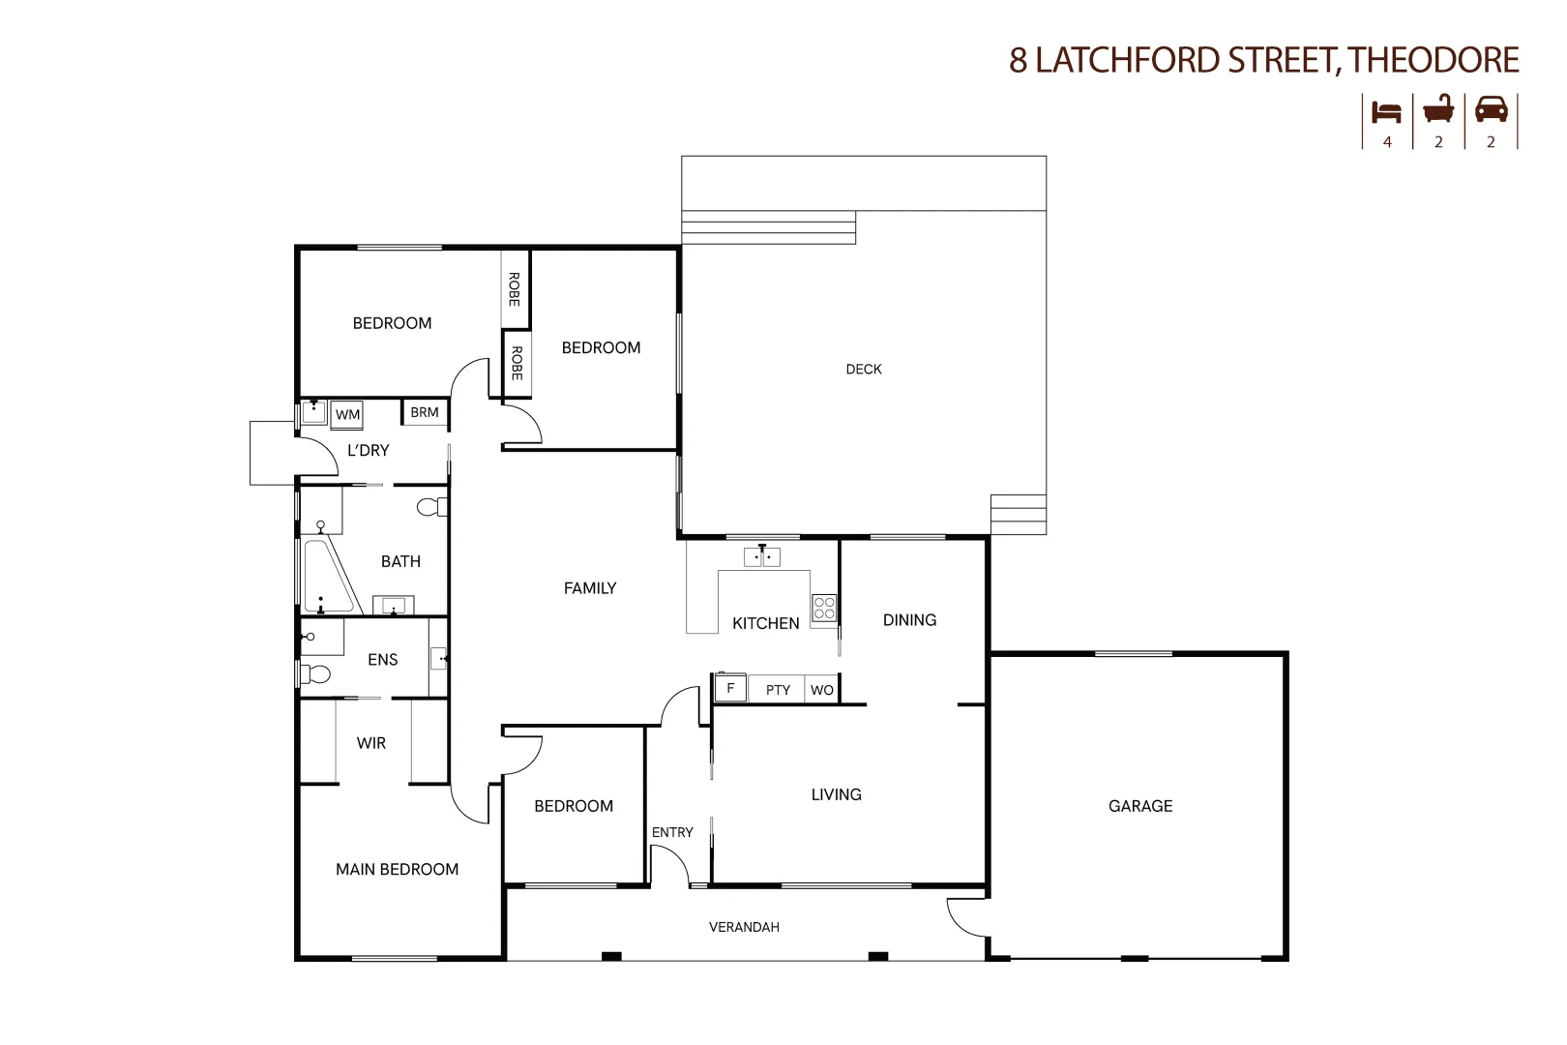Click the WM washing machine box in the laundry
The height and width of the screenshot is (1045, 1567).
click(x=347, y=415)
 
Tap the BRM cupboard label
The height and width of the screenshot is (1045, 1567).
click(x=425, y=412)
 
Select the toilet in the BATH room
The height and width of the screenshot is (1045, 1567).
click(x=432, y=506)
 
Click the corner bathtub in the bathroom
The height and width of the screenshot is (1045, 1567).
click(x=324, y=577)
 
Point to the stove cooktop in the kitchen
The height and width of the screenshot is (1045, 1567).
click(x=823, y=609)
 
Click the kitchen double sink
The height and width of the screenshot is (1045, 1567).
click(x=762, y=557)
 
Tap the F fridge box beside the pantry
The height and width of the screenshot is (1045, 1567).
click(x=730, y=688)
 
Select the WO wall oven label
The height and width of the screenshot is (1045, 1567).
click(x=821, y=690)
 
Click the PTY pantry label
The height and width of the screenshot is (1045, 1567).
click(x=778, y=690)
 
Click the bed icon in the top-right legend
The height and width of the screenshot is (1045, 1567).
click(x=1387, y=112)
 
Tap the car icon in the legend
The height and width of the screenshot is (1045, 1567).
click(x=1491, y=110)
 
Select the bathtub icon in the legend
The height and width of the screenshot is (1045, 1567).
click(x=1438, y=110)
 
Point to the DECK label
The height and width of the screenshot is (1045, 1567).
click(x=863, y=369)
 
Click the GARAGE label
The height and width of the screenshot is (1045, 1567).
click(x=1139, y=806)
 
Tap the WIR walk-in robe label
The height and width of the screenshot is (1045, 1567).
click(x=371, y=743)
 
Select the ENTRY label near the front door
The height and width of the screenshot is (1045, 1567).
click(x=672, y=832)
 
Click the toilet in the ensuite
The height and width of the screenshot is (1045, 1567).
click(x=315, y=673)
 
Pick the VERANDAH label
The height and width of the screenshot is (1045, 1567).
click(x=744, y=927)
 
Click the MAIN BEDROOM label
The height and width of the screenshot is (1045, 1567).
click(x=397, y=869)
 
